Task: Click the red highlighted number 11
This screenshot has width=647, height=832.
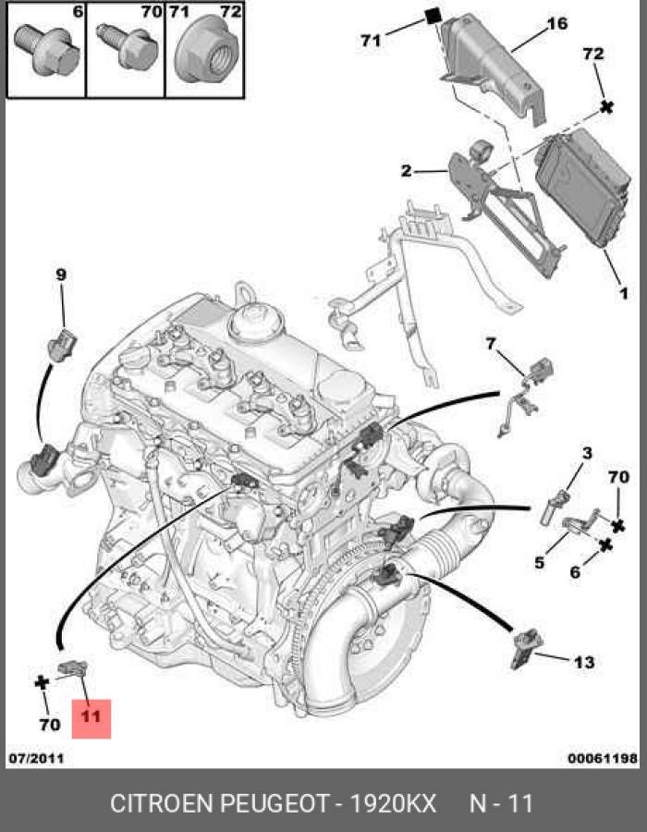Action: (91, 716)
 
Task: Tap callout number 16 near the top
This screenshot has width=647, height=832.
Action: (556, 24)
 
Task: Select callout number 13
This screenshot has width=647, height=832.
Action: (584, 662)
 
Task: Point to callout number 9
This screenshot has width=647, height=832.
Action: (61, 275)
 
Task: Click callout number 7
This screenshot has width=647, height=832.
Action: (491, 345)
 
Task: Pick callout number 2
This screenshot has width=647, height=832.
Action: (407, 171)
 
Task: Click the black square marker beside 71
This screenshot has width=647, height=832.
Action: (433, 16)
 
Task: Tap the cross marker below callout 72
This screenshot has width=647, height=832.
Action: (606, 106)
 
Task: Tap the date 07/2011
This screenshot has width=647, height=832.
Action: (36, 758)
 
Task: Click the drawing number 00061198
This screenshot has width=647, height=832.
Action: (603, 758)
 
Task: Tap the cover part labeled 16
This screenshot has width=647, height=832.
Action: (494, 67)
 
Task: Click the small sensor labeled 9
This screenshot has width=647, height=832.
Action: (62, 345)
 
